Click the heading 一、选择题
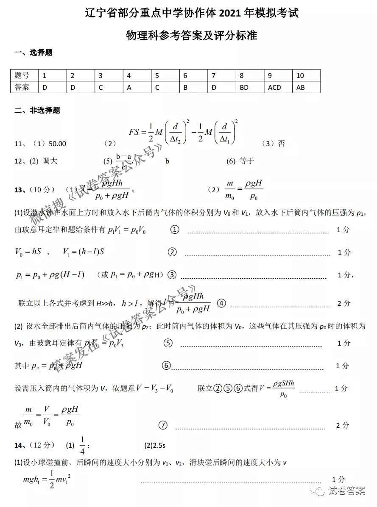(x=34, y=53)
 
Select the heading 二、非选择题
(x=37, y=111)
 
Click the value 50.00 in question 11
(x=58, y=144)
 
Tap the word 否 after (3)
(x=281, y=144)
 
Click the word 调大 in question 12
(x=50, y=161)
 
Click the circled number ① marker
(x=174, y=230)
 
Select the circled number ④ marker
(x=221, y=303)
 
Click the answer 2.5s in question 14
(x=159, y=445)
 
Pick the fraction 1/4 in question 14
(x=82, y=445)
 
